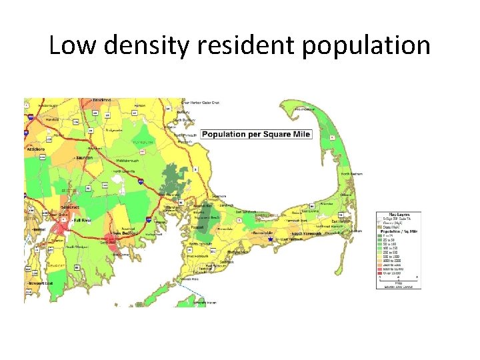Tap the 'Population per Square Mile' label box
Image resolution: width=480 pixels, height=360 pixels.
click(256, 134)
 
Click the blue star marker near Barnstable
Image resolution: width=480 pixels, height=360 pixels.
click(270, 239)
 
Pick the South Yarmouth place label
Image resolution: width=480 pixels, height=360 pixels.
click(306, 233)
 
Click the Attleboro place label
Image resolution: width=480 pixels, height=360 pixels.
click(35, 149)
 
